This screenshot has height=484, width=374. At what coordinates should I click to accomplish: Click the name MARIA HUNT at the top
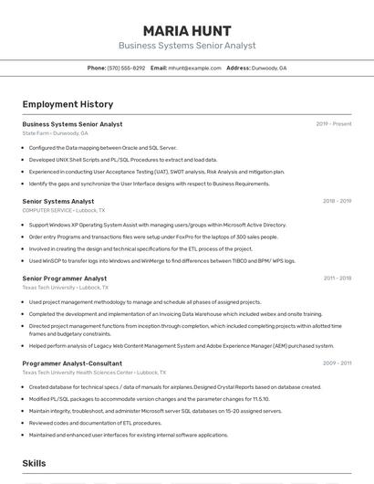pyautogui.click(x=186, y=30)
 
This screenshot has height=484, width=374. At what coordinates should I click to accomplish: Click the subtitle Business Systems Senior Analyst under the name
pyautogui.click(x=186, y=46)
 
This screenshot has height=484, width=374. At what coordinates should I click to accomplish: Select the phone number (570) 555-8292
pyautogui.click(x=126, y=68)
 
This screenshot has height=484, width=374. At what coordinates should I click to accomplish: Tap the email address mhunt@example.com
pyautogui.click(x=194, y=68)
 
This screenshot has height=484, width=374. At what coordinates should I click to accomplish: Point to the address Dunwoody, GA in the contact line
pyautogui.click(x=269, y=68)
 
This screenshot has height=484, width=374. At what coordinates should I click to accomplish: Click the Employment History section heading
pyautogui.click(x=68, y=104)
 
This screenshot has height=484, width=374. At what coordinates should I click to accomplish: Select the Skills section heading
pyautogui.click(x=35, y=463)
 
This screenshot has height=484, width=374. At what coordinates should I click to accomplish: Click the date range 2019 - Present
pyautogui.click(x=333, y=124)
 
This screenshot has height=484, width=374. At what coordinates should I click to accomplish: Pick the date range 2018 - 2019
pyautogui.click(x=337, y=201)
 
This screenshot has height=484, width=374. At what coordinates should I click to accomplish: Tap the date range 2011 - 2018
pyautogui.click(x=337, y=279)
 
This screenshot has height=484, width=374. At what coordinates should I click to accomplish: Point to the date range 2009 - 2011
pyautogui.click(x=337, y=363)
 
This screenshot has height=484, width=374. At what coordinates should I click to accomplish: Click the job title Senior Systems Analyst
pyautogui.click(x=58, y=201)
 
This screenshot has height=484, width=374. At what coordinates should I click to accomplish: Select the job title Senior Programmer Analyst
pyautogui.click(x=64, y=279)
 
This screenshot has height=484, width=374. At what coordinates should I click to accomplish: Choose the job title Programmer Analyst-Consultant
pyautogui.click(x=72, y=363)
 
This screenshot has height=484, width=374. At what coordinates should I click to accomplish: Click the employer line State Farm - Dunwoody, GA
pyautogui.click(x=55, y=133)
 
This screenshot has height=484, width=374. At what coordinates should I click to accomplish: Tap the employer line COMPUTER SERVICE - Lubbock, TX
pyautogui.click(x=63, y=210)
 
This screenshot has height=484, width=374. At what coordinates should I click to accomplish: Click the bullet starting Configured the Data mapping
pyautogui.click(x=102, y=147)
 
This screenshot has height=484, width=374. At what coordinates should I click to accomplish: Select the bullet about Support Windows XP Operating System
pyautogui.click(x=157, y=225)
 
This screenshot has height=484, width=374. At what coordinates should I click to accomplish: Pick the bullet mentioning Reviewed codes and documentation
pyautogui.click(x=95, y=423)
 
